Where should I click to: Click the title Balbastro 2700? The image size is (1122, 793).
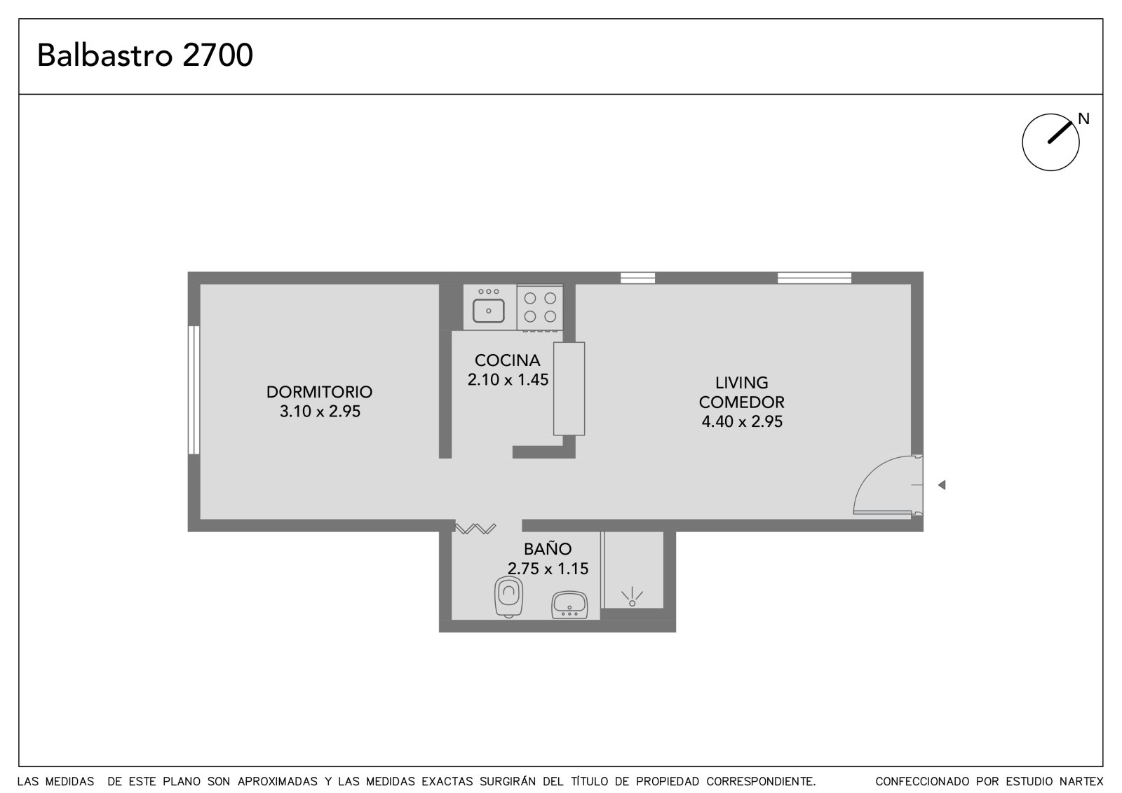tap(144, 55)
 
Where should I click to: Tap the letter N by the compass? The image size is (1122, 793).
tap(1083, 118)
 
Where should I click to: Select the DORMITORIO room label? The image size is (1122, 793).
tap(319, 392)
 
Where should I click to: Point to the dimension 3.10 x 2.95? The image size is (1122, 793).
tap(320, 412)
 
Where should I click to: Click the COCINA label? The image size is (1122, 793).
tap(507, 360)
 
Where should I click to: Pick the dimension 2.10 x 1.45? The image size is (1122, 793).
tap(508, 380)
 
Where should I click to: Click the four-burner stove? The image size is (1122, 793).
tap(540, 308)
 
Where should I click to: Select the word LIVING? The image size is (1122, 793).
tap(741, 383)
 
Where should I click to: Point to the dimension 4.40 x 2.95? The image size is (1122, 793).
tap(742, 422)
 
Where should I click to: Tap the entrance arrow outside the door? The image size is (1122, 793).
tap(942, 485)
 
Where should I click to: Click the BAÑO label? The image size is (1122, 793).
tap(548, 549)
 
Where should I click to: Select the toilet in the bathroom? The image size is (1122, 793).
tap(508, 597)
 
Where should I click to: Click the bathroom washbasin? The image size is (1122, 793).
tap(569, 605)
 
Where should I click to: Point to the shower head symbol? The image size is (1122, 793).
tap(632, 597)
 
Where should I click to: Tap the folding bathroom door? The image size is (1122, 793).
tap(475, 529)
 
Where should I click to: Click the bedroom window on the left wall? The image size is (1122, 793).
tap(194, 391)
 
